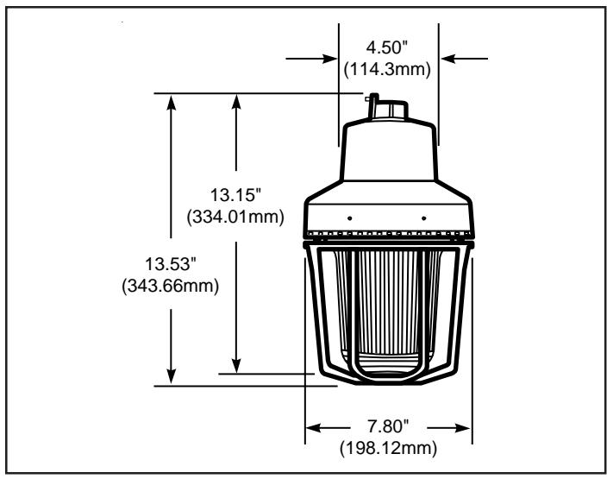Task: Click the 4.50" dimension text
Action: click(387, 47)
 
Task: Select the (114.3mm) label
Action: click(387, 69)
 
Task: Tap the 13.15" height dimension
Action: click(235, 194)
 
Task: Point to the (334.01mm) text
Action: click(235, 217)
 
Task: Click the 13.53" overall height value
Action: click(171, 264)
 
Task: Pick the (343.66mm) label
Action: click(171, 286)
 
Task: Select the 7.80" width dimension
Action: click(388, 426)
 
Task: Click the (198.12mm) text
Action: click(388, 449)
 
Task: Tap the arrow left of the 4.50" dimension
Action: click(311, 59)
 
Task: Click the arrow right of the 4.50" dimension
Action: click(464, 59)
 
